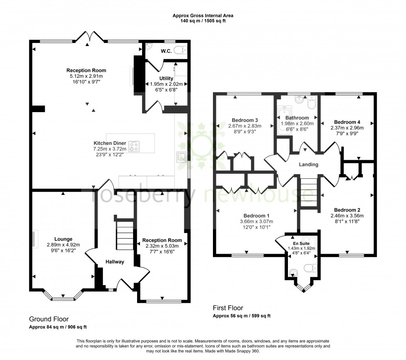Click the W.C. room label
(x=166, y=52)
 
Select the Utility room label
(x=166, y=78)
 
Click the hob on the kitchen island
(x=134, y=146)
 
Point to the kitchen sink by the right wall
(x=181, y=156)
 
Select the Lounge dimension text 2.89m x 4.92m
(x=63, y=245)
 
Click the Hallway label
(x=115, y=262)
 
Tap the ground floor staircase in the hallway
(x=124, y=233)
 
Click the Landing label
(x=309, y=164)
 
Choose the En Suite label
(x=301, y=243)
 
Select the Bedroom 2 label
(x=347, y=210)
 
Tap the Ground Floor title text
(x=48, y=319)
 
